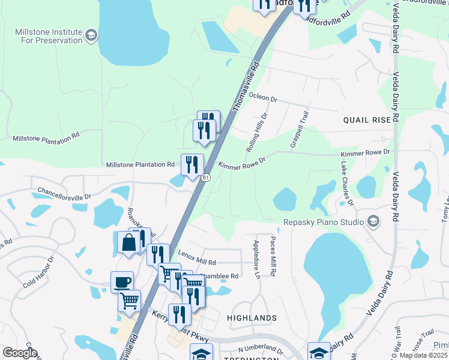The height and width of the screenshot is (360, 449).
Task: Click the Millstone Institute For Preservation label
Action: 48,36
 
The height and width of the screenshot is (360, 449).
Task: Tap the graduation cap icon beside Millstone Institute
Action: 91,36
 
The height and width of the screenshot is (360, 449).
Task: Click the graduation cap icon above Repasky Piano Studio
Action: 373,222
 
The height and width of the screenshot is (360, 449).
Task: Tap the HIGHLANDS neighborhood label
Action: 252,317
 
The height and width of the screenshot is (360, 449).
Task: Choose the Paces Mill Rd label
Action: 273,257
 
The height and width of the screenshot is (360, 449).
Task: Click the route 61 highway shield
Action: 205,178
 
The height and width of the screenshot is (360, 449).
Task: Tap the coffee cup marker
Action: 122,281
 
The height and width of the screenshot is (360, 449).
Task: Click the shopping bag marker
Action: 129,243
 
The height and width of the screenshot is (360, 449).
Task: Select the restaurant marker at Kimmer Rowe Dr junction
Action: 192,164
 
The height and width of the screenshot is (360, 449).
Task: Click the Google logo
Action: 20,353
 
